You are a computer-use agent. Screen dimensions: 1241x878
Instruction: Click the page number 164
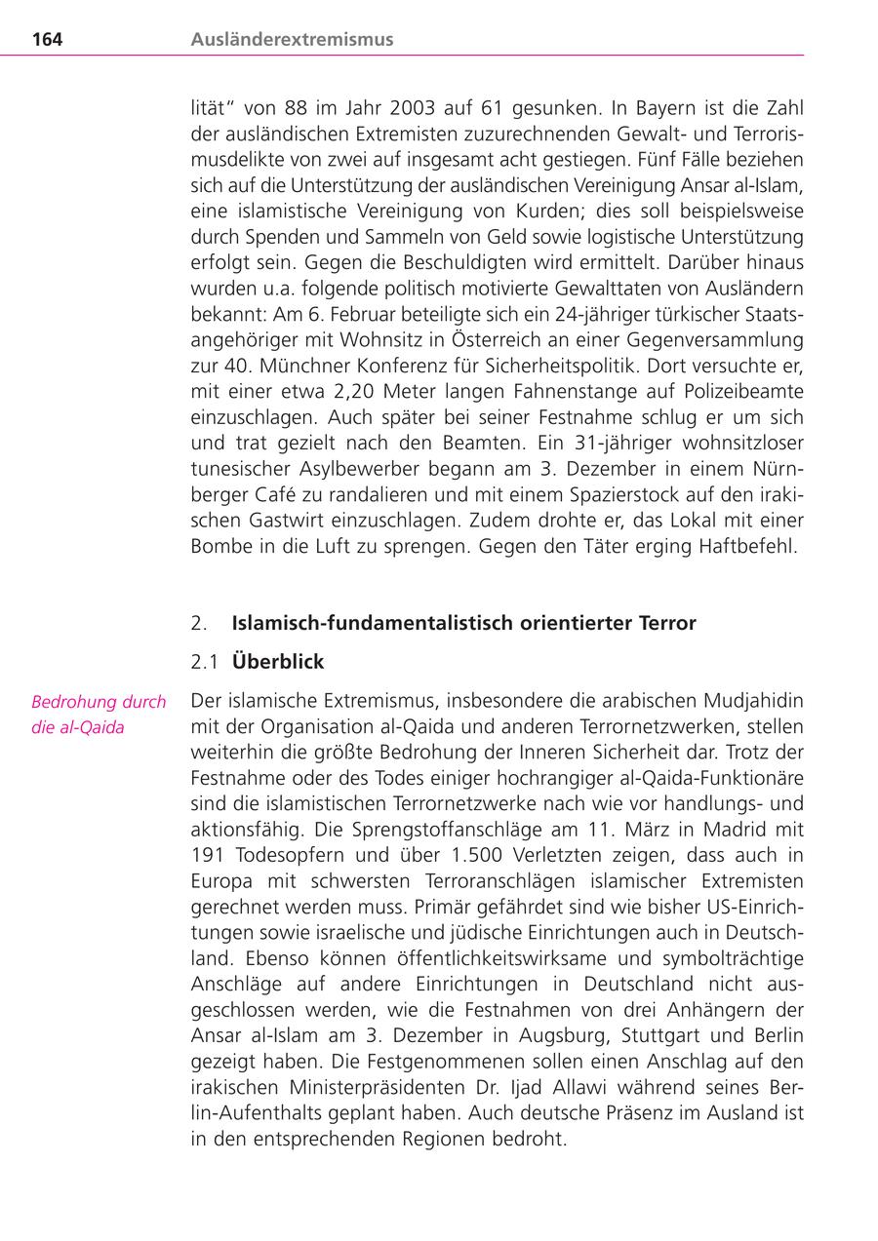point(47,40)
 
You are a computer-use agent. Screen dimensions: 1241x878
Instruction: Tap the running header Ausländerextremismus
point(292,40)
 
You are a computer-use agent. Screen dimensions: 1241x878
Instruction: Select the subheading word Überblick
point(278,662)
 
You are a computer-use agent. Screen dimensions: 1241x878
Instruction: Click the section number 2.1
point(204,662)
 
